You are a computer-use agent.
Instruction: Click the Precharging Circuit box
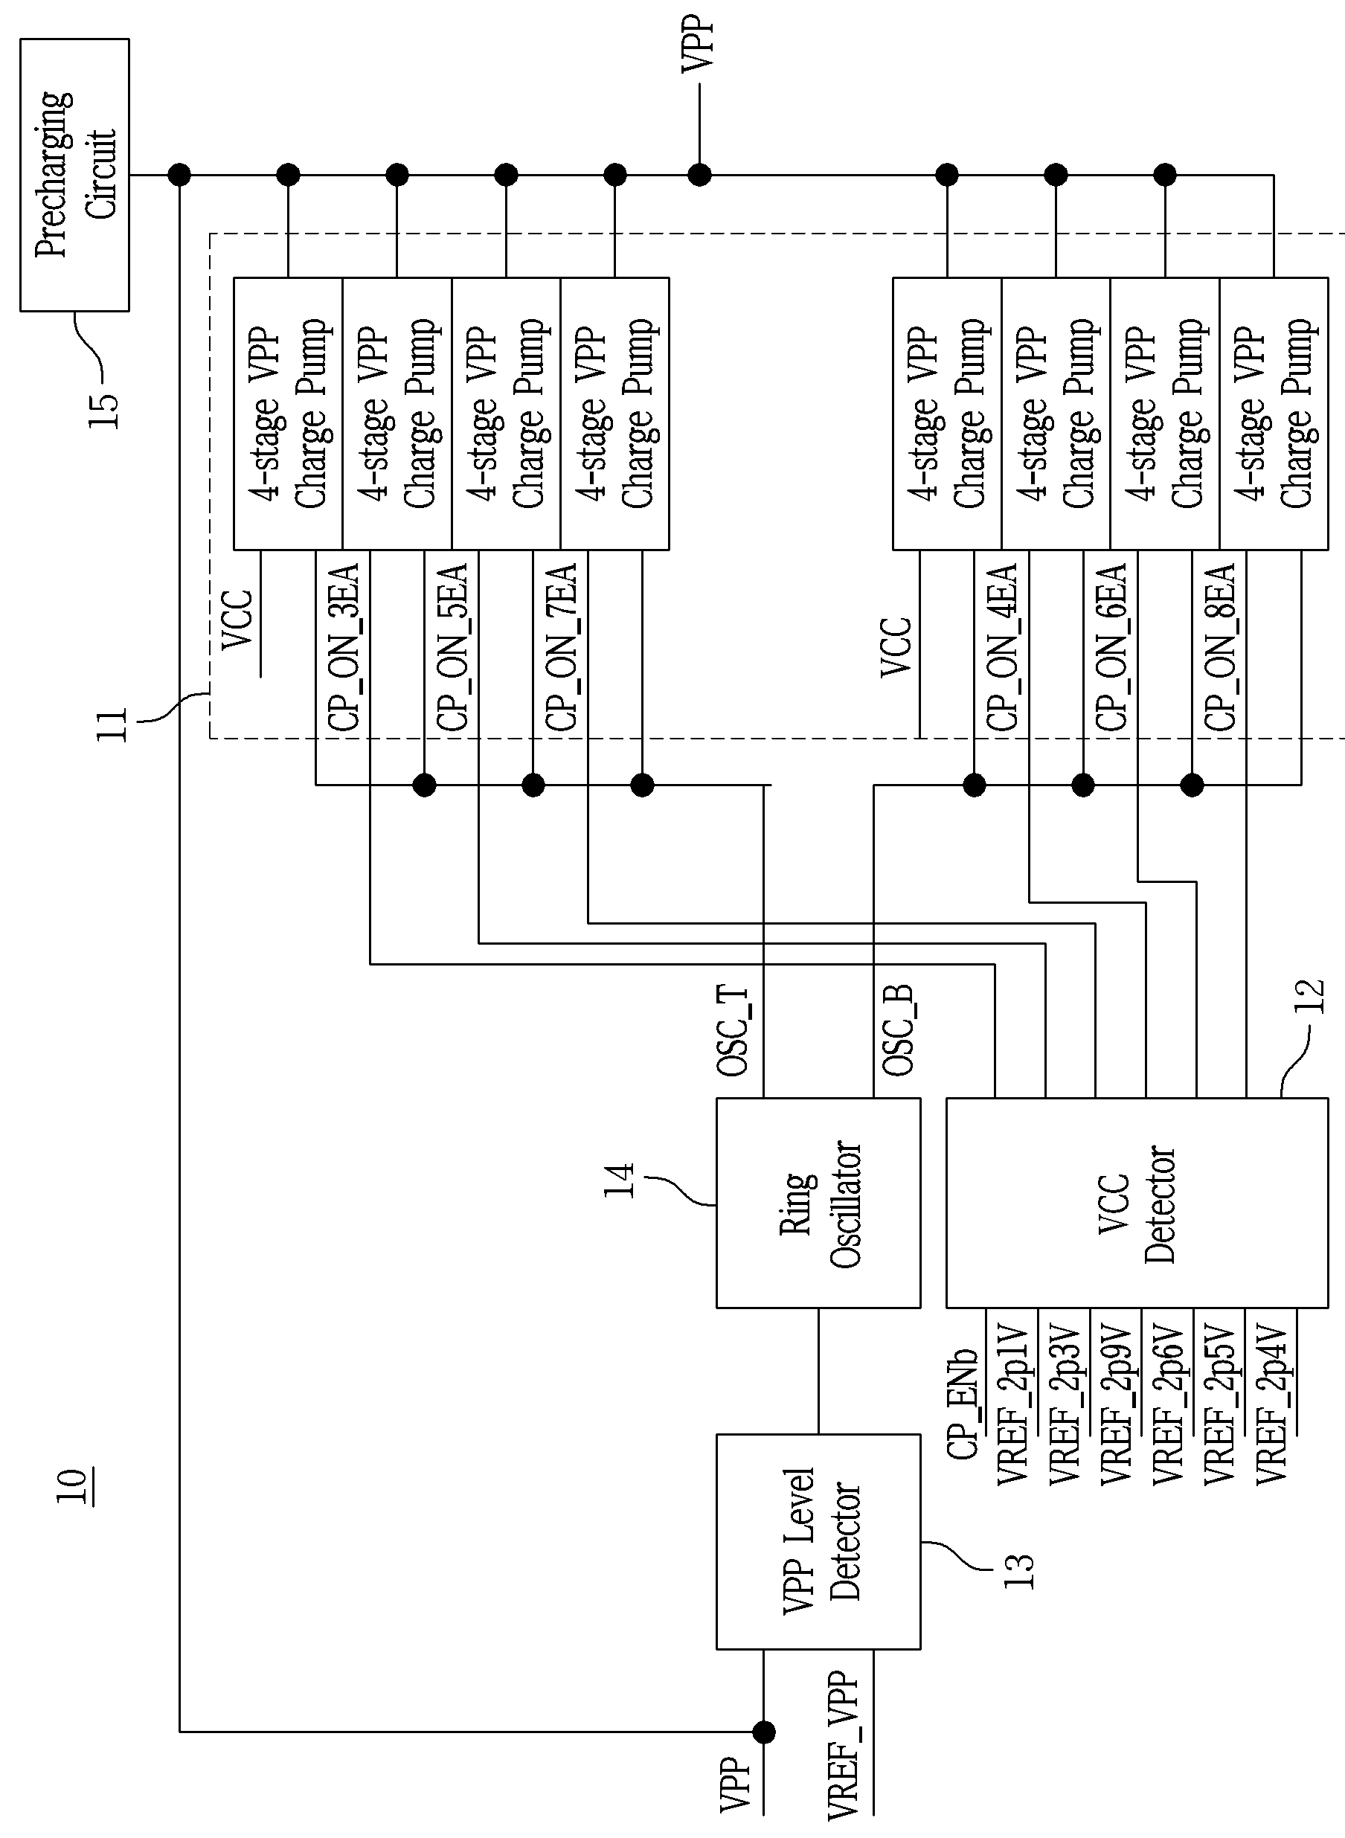[75, 175]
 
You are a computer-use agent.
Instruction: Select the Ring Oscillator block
[818, 1203]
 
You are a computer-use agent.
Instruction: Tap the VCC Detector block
[1137, 1203]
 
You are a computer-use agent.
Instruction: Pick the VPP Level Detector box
[818, 1543]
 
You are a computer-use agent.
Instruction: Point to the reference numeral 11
[112, 724]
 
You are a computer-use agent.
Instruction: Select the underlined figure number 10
[72, 1487]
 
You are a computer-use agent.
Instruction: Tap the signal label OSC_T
[733, 1030]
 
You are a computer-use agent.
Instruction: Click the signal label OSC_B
[898, 1030]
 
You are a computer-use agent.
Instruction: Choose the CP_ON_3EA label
[343, 647]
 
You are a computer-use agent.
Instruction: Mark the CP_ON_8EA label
[1219, 647]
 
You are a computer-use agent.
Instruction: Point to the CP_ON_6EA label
[1111, 647]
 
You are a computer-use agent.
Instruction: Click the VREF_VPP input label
[844, 1744]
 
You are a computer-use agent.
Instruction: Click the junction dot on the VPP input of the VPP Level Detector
[764, 1732]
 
